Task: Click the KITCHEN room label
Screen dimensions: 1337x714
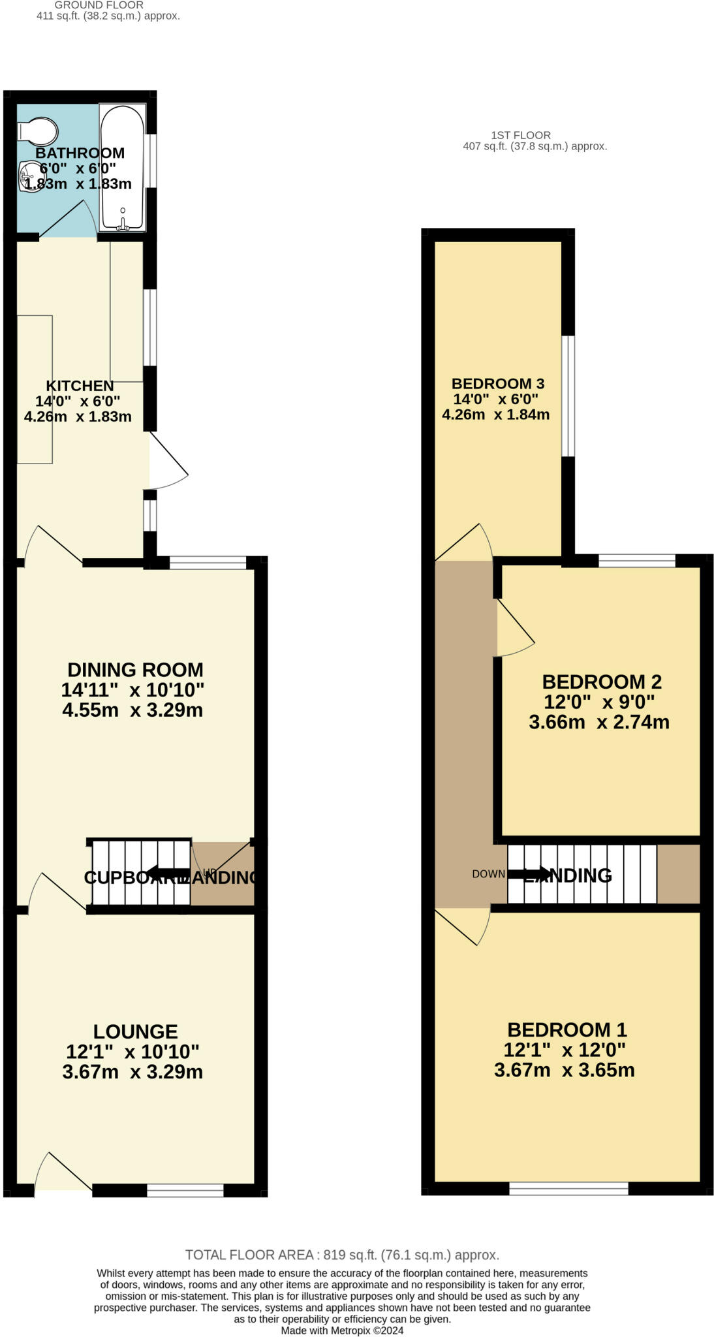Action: coord(80,386)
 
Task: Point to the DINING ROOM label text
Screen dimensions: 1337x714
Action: coord(135,670)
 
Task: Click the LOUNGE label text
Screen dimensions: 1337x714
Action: coord(135,1031)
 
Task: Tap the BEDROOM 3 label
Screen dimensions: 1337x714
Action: coord(497,384)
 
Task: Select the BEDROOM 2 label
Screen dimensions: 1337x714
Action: coord(602,682)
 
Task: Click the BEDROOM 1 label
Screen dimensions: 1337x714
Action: coord(567,1030)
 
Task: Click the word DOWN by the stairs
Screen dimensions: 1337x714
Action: coord(488,874)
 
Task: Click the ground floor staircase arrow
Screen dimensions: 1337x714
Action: coord(166,873)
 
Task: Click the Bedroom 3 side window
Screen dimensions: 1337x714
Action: coord(568,396)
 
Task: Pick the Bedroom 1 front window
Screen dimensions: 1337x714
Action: coord(568,1188)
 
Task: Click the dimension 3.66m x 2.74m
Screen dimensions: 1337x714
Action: coord(598,723)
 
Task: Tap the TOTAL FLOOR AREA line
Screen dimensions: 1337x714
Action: coord(342,1255)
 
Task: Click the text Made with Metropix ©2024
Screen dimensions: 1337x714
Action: coord(342,1330)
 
